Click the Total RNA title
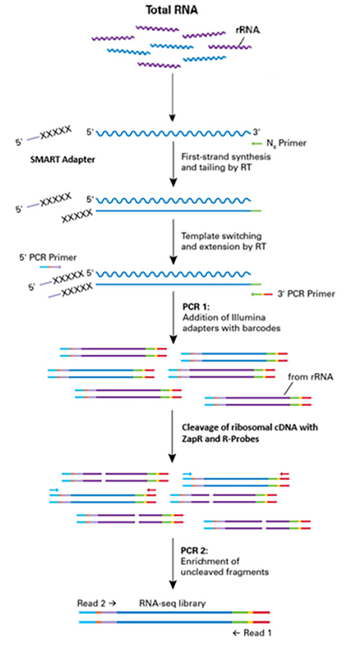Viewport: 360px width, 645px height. click(x=172, y=11)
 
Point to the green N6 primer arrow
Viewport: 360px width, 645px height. click(x=256, y=143)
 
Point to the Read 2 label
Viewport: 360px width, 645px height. click(x=96, y=603)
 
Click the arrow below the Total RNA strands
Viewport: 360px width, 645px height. click(x=174, y=97)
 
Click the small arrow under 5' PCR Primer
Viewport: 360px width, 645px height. click(x=50, y=266)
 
